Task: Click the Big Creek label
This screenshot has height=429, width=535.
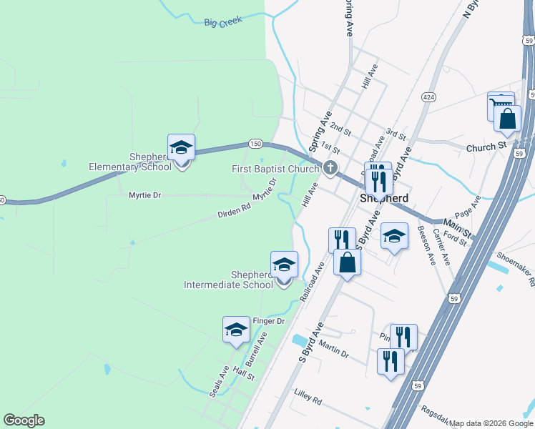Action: [222, 22]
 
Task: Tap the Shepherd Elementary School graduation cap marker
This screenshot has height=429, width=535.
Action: [181, 148]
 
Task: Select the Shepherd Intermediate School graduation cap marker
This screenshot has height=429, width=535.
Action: [284, 265]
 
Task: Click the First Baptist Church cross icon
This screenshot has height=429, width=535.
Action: [330, 169]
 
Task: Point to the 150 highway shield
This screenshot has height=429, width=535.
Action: [255, 144]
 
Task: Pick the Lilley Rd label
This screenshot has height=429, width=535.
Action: [308, 393]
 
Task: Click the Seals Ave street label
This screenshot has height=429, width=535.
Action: [218, 383]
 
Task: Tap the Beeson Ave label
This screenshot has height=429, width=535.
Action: [427, 245]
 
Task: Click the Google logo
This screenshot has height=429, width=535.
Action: [24, 420]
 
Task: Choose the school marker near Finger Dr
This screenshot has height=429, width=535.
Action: [236, 330]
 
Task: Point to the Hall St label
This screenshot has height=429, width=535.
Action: [245, 375]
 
